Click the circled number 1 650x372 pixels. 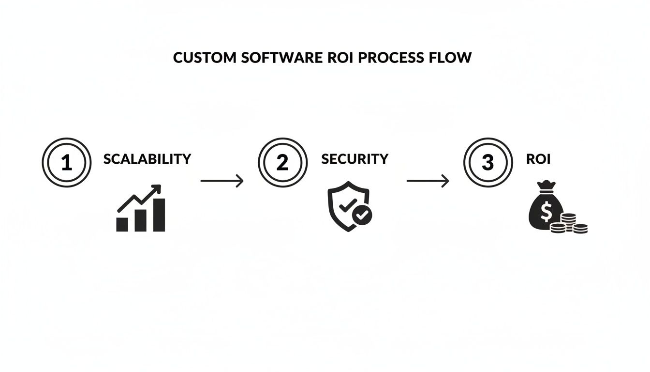pos(66,162)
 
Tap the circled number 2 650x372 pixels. pos(282,162)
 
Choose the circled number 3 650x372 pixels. pos(487,162)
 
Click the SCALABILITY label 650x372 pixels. pos(147,159)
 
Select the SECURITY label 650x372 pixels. pos(355,159)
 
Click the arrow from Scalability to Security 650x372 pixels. pos(222,181)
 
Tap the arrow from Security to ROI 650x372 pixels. pos(428,181)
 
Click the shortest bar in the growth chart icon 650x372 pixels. pos(122,224)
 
